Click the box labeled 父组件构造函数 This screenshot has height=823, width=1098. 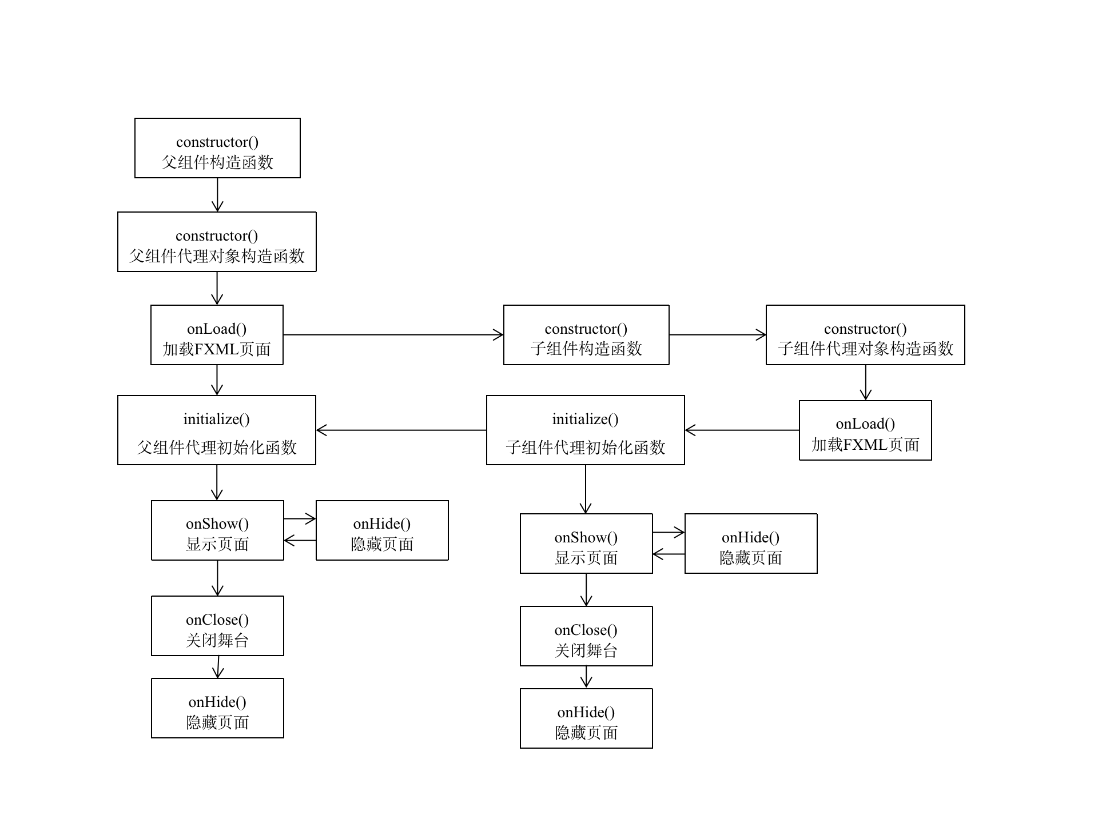tap(217, 148)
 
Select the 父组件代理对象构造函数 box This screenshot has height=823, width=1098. tap(217, 242)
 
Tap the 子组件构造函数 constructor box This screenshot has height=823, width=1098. tap(586, 335)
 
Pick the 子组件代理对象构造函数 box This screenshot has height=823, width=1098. tap(865, 335)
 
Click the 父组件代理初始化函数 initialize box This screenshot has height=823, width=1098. tap(217, 430)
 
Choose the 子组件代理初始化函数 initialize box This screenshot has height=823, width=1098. tap(586, 430)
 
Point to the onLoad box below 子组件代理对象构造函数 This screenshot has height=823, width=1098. tap(865, 430)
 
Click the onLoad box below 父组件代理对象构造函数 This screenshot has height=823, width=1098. tap(217, 335)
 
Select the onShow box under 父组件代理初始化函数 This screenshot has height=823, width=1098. tap(217, 530)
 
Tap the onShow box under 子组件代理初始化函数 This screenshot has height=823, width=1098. tap(586, 544)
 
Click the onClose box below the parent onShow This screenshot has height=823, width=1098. tap(217, 626)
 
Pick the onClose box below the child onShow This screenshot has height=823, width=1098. tap(586, 636)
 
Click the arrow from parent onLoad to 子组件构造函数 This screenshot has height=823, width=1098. tap(393, 335)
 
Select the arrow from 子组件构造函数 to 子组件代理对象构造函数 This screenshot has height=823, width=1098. tap(717, 335)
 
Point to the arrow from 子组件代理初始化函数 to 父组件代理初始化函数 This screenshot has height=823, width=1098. tap(401, 430)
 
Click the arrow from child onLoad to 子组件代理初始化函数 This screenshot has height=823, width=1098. tap(742, 430)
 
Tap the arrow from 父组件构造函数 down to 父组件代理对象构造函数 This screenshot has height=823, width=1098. tap(217, 195)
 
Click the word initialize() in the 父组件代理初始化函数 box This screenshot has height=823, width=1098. tap(217, 419)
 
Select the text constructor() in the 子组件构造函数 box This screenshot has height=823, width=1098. tap(586, 329)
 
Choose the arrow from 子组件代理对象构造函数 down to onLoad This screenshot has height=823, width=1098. tap(865, 382)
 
